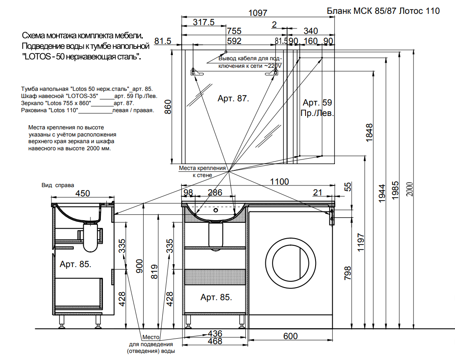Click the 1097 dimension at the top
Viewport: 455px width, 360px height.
click(258, 13)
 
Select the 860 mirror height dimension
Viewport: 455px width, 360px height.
click(167, 108)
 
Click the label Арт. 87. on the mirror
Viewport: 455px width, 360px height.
click(233, 99)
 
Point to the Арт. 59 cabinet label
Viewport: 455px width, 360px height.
click(317, 103)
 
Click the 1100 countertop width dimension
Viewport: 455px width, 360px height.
click(279, 182)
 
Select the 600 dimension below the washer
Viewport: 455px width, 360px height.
click(290, 336)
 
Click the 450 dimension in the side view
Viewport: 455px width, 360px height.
click(82, 193)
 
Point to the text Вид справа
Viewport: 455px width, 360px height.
click(58, 185)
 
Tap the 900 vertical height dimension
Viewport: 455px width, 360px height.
click(140, 265)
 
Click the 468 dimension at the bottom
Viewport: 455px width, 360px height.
click(215, 342)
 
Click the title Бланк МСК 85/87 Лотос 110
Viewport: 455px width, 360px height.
click(383, 11)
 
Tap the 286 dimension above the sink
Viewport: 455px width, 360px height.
click(215, 193)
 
